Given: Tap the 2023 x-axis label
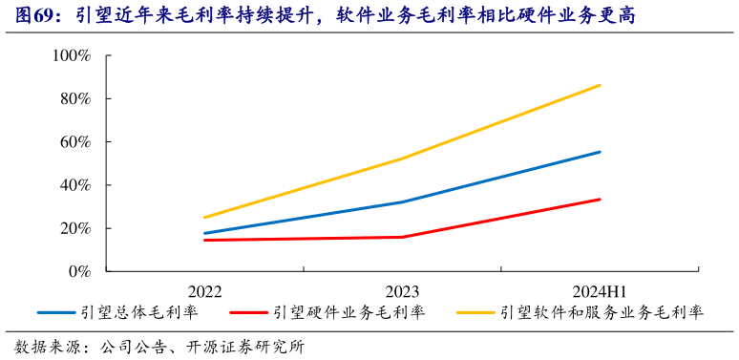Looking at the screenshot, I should coord(402,291).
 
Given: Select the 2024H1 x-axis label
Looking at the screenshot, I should coord(600,291).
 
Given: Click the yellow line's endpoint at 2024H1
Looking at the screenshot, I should coord(600,85).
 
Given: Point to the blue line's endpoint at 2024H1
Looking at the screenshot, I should coord(600,152).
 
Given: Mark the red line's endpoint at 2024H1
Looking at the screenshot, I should coord(600,199).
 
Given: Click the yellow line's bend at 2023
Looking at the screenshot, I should coord(402,159).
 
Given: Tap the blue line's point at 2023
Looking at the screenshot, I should coord(402,201).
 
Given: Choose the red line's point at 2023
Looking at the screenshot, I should coord(402,237).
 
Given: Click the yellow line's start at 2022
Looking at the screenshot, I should coord(203,218).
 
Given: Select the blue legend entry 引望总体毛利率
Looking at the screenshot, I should coord(139,312).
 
